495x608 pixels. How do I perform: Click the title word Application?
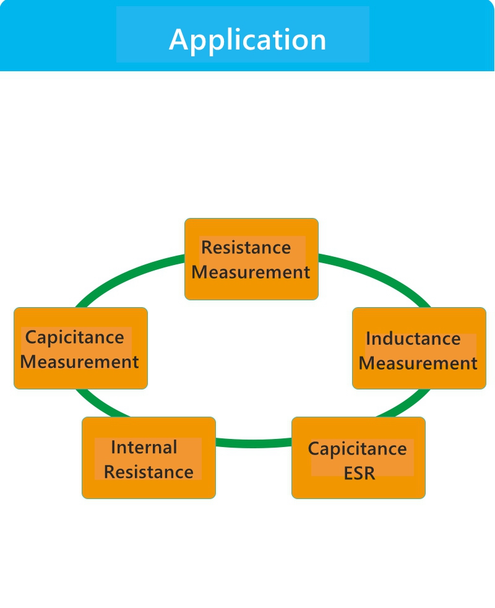pos(247,40)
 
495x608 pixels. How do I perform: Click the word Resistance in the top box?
pos(246,248)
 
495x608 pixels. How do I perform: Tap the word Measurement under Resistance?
pos(251,272)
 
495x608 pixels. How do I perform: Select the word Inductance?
pos(413,339)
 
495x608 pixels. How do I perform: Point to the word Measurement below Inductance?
pos(418,363)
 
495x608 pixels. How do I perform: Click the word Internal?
pos(144,447)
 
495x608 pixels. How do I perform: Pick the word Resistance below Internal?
pos(148,472)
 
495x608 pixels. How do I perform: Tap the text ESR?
pos(359,474)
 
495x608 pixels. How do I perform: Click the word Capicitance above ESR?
pos(357,449)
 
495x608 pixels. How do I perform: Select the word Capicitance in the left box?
pos(74,338)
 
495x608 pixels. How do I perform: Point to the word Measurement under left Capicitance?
pos(79,362)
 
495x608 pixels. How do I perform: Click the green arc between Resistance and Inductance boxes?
pos(377,273)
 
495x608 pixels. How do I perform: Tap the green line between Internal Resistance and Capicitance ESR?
pos(254,443)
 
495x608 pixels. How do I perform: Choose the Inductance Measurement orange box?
pos(419,378)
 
